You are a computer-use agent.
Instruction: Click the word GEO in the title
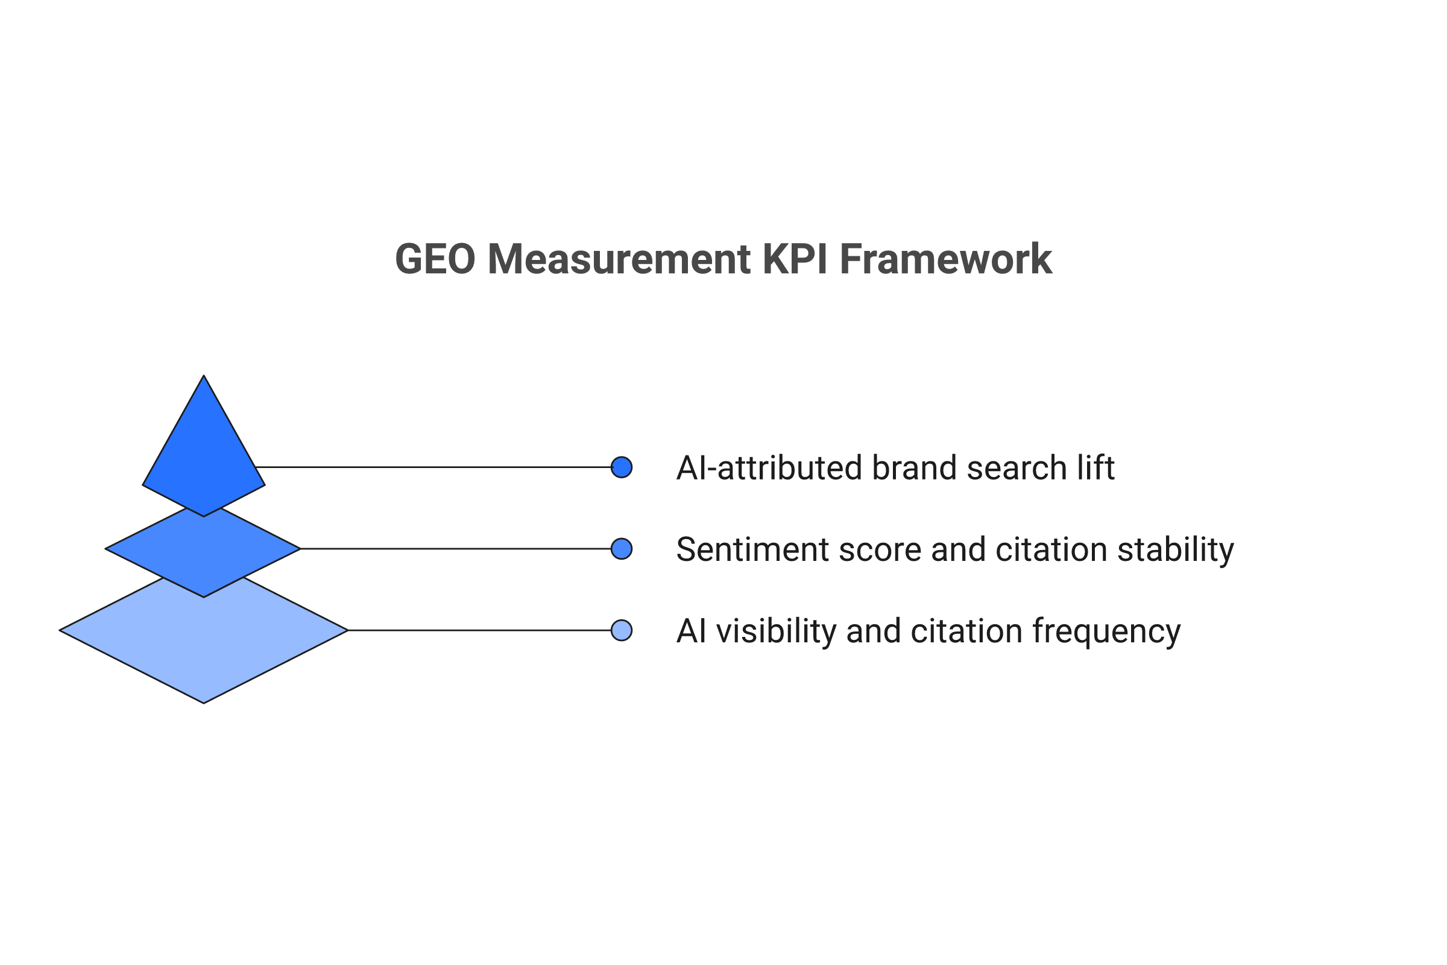[x=435, y=259]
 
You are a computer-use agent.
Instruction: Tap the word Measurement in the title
[x=619, y=259]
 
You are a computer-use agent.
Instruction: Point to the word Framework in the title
[x=945, y=259]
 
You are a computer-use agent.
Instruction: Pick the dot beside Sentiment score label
[x=622, y=549]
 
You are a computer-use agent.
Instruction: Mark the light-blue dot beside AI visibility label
[x=622, y=630]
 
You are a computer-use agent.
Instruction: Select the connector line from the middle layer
[x=455, y=549]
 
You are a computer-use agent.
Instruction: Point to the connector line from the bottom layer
[x=480, y=630]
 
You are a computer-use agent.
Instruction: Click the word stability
[x=1175, y=549]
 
